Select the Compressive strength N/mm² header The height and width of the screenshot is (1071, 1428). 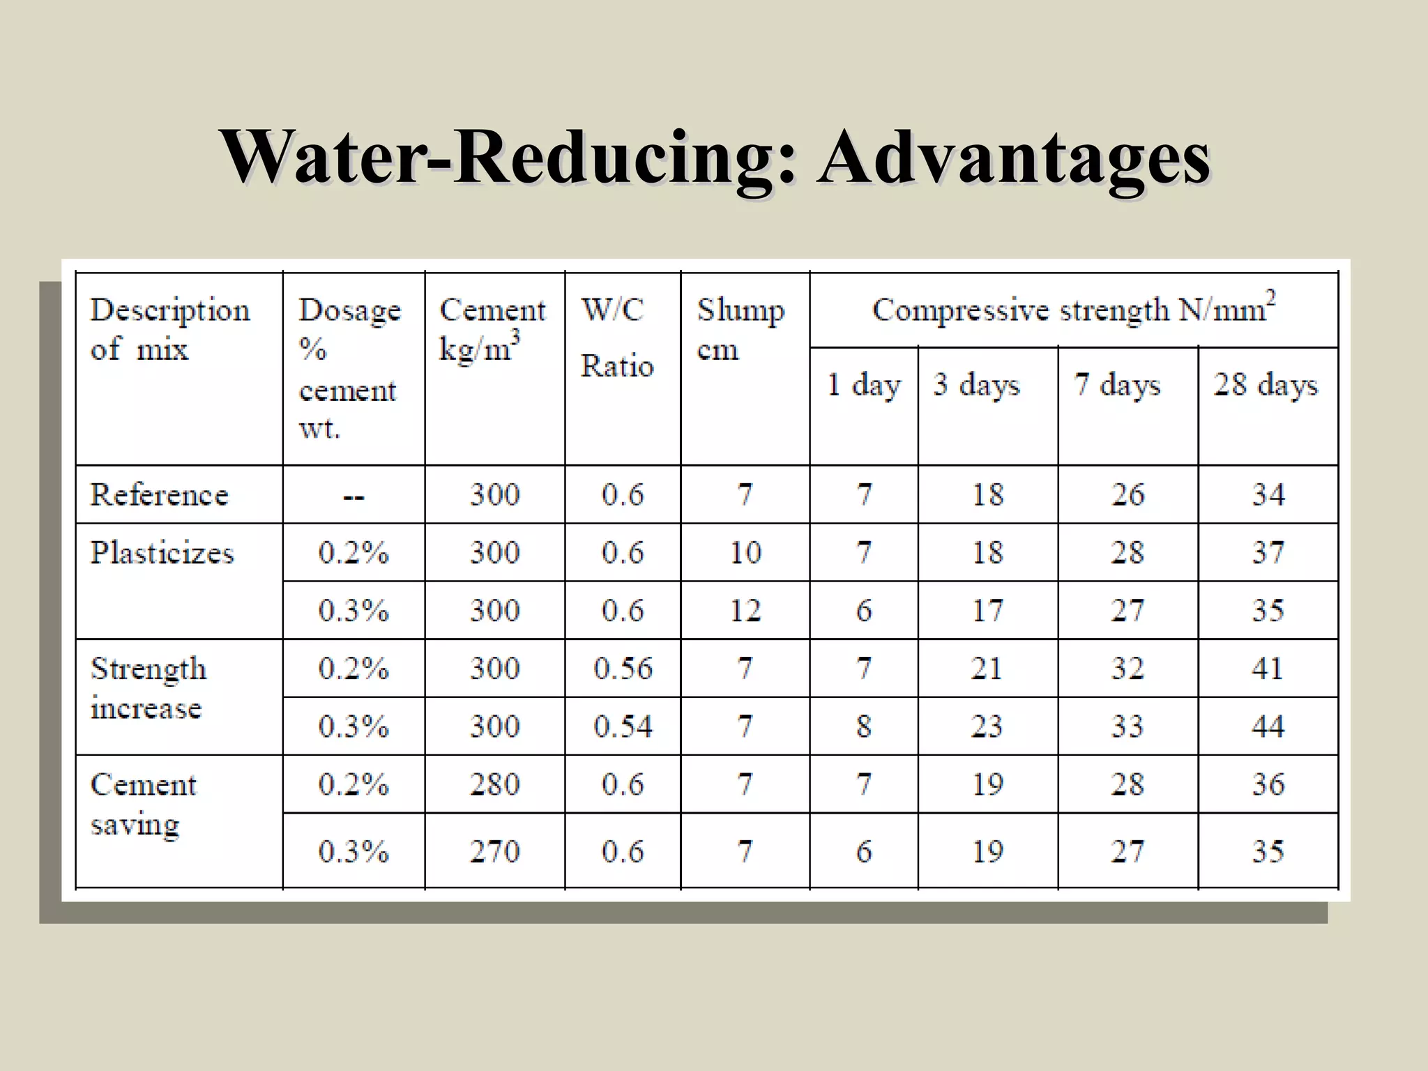click(1074, 310)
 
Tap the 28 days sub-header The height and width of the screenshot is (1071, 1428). click(1266, 385)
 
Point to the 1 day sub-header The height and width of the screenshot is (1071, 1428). click(863, 385)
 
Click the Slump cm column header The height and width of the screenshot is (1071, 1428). click(740, 329)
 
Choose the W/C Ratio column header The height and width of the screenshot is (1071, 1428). click(617, 337)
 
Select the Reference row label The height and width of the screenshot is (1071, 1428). click(160, 495)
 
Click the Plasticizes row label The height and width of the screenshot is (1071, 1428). click(162, 553)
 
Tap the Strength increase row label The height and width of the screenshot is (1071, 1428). click(149, 688)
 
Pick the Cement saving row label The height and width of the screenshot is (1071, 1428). click(144, 804)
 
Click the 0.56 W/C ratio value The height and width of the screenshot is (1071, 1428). click(623, 669)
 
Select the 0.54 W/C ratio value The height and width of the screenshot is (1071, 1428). click(623, 727)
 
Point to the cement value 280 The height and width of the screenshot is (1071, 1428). click(494, 784)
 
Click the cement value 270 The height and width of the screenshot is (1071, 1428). click(494, 851)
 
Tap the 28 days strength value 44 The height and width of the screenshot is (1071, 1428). click(1268, 727)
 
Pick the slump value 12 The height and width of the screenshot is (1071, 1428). click(745, 611)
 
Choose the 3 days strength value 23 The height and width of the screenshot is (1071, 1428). click(987, 727)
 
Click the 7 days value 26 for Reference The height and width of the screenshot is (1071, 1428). click(1127, 495)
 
